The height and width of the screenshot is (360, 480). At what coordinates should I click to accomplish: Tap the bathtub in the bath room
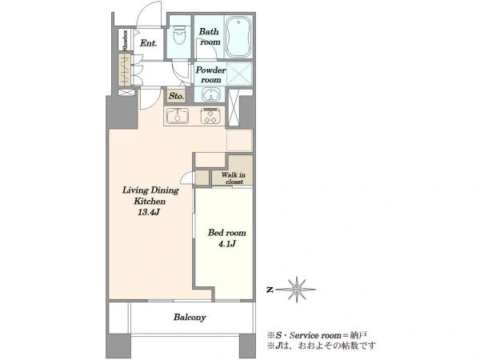click(238, 37)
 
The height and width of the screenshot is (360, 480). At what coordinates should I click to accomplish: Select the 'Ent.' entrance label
click(149, 43)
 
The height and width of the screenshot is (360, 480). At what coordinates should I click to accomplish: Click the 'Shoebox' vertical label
click(125, 40)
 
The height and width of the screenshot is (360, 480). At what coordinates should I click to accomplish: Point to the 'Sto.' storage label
click(176, 96)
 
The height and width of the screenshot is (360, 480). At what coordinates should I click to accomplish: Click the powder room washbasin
click(210, 94)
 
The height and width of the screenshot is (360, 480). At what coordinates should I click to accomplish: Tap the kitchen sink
click(178, 116)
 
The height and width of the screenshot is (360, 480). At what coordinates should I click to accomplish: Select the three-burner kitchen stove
click(210, 116)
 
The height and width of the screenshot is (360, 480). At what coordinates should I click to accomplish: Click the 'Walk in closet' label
click(234, 178)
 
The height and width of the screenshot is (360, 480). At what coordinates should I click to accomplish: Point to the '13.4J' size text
click(149, 212)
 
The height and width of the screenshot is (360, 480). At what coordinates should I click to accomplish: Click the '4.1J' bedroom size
click(227, 244)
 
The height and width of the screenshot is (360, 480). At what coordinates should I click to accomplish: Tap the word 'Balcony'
click(190, 317)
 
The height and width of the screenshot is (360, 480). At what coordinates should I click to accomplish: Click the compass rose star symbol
click(297, 290)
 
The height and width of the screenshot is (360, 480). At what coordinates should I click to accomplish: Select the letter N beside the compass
click(270, 290)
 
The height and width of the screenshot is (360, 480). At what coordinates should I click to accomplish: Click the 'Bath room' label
click(210, 37)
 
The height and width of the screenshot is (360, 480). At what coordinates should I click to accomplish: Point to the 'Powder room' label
click(210, 74)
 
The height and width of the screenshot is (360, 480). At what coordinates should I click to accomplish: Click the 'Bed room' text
click(227, 233)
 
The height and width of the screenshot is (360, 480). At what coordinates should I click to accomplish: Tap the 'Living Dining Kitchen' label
click(150, 196)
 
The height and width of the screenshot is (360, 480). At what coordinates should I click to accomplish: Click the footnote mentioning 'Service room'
click(317, 335)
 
